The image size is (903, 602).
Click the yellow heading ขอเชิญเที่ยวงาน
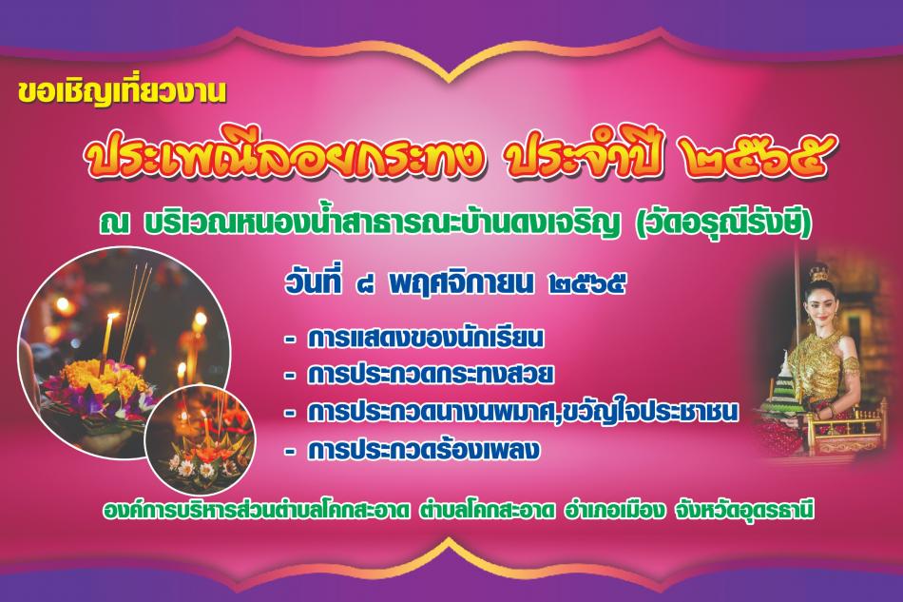[122, 93]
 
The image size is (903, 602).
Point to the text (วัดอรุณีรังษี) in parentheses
[723, 223]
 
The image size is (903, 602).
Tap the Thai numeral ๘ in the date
[365, 284]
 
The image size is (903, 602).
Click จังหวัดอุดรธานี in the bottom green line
[744, 511]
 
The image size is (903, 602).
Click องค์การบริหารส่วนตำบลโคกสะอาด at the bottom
[257, 512]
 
